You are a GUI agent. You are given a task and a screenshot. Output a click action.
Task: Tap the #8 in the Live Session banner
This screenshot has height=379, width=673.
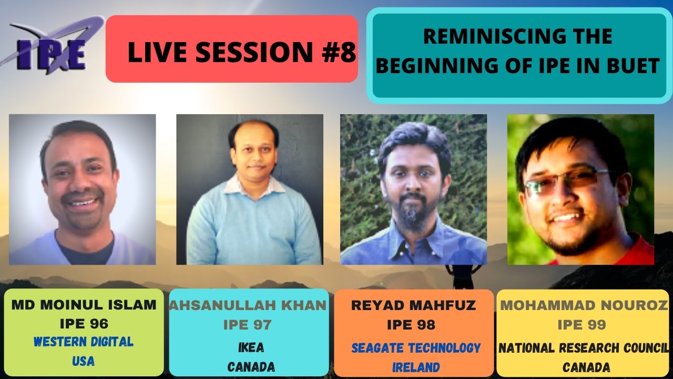click(x=338, y=52)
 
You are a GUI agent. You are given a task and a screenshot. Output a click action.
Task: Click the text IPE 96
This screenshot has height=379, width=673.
click(x=84, y=324)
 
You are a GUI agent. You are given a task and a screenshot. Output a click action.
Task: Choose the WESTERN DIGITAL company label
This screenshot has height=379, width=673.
click(x=84, y=342)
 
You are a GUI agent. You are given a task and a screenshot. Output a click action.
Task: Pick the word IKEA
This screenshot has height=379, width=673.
click(x=251, y=347)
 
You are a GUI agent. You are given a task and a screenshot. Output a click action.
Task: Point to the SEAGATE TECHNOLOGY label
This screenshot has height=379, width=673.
click(x=416, y=348)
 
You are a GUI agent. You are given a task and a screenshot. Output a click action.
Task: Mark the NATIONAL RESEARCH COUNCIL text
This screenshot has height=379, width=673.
click(x=584, y=348)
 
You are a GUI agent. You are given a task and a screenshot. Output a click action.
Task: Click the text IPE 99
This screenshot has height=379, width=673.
click(x=582, y=324)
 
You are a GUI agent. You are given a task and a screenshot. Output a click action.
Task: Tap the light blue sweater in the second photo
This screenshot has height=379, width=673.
click(x=252, y=232)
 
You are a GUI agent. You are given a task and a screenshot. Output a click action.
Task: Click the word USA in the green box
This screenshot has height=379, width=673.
click(x=83, y=362)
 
